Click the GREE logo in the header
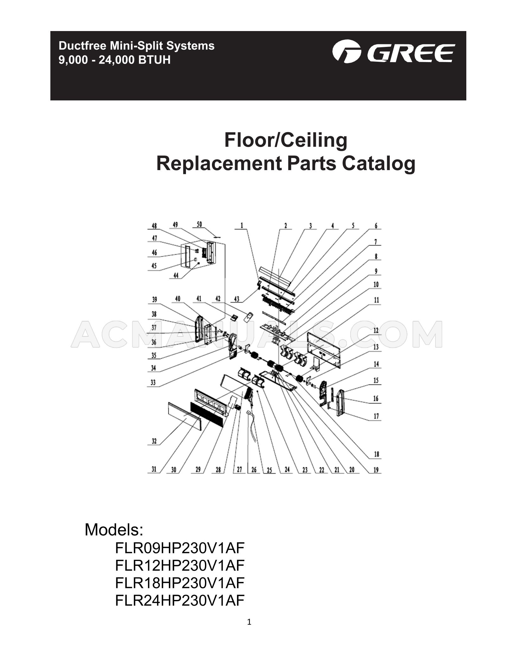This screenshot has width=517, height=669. click(393, 52)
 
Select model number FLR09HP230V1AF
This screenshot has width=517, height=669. click(180, 548)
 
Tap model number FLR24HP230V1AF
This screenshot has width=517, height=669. click(180, 600)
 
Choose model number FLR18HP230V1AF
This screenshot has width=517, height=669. click(180, 582)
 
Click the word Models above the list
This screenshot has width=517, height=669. click(114, 530)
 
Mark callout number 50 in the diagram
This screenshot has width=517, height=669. click(199, 224)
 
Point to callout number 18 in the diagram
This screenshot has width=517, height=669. click(376, 454)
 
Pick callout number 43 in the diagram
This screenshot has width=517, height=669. click(236, 299)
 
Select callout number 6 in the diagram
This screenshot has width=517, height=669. click(376, 226)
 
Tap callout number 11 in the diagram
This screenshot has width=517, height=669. click(376, 300)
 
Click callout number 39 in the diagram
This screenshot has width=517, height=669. click(154, 300)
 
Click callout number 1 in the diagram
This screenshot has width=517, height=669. click(242, 226)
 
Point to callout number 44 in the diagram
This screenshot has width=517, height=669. click(176, 276)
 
